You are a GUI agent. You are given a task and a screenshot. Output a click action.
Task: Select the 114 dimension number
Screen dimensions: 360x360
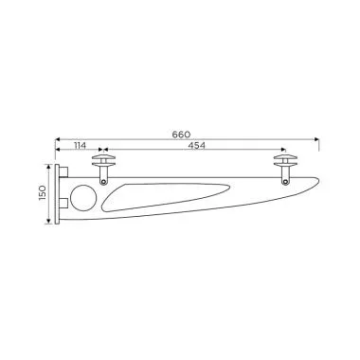coord(81,147)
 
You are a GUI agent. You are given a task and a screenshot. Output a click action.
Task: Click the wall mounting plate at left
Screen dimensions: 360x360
coord(60,195)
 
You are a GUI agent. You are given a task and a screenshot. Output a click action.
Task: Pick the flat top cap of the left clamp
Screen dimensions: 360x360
coord(102,157)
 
